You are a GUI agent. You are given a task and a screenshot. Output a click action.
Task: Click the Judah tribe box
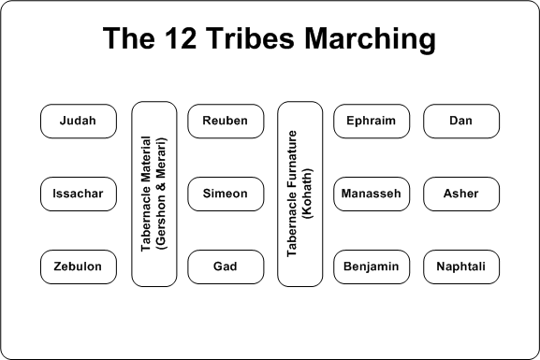[79, 122]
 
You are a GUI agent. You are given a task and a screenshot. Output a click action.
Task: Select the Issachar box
[79, 194]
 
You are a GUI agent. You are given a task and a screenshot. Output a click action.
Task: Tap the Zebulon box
[79, 267]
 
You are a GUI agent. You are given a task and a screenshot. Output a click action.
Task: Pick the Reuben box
[226, 122]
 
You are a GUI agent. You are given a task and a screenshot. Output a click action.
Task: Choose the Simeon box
[226, 194]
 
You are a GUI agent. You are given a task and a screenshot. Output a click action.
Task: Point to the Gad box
[226, 267]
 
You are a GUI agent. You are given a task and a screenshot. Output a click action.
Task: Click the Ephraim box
[372, 122]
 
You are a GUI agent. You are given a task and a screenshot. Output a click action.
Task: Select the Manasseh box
[372, 194]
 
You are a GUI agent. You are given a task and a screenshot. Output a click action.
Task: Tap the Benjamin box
[372, 267]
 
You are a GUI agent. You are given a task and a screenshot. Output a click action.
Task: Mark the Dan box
[460, 122]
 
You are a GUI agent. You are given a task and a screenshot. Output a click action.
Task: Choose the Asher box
[460, 194]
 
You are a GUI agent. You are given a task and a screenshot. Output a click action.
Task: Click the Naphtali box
[460, 267]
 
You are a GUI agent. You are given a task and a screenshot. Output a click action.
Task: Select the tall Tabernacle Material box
[154, 194]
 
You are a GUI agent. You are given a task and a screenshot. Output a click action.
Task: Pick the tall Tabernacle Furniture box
[300, 194]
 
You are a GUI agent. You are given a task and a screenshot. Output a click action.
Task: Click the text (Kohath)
[307, 194]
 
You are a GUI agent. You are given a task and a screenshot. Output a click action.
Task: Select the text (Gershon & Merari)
[162, 194]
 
